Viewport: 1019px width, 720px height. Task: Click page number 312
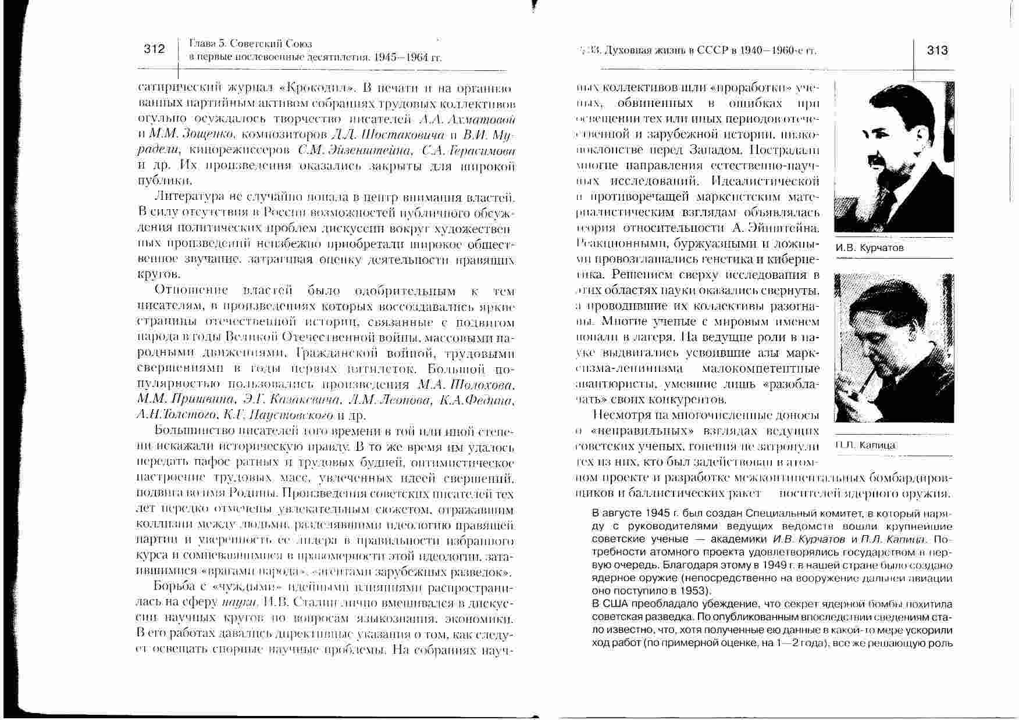click(x=154, y=49)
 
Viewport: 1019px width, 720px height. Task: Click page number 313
click(x=938, y=50)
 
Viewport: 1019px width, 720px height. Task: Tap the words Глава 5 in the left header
click(x=207, y=44)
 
